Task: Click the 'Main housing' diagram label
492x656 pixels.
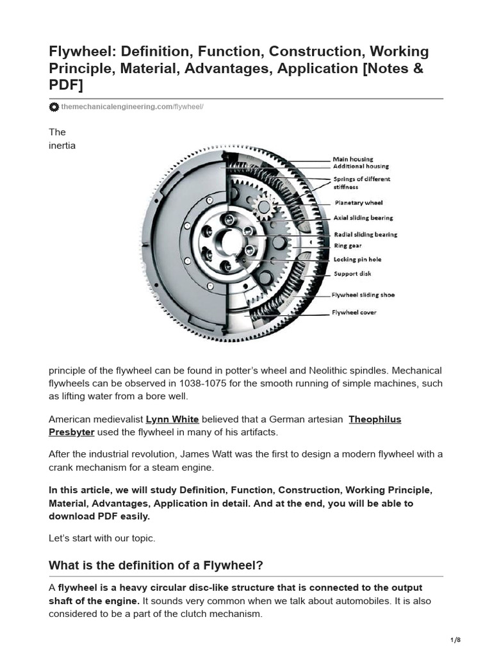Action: tap(352, 159)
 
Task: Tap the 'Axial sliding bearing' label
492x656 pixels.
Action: tap(363, 218)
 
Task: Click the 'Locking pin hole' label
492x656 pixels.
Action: tap(357, 259)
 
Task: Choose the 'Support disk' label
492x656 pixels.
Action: tap(351, 274)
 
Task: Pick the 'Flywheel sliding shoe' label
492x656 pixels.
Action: tap(363, 295)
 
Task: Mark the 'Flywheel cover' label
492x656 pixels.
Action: tap(354, 313)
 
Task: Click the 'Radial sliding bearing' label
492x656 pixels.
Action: tap(365, 234)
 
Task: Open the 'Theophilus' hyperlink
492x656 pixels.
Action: tap(375, 420)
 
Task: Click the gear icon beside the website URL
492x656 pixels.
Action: tap(54, 107)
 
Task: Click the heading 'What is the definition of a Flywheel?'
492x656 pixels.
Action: tap(156, 565)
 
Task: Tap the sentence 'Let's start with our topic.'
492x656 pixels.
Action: tap(102, 538)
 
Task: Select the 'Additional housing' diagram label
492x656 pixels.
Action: tap(361, 167)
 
